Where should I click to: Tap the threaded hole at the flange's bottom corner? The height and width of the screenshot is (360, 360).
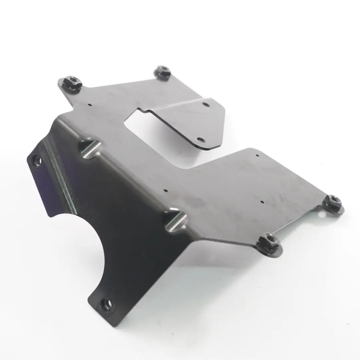106,304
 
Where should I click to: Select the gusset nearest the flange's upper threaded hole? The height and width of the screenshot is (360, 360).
89,147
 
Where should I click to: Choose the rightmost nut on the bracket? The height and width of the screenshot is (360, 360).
333,202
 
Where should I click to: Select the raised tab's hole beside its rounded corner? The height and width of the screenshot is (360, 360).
200,139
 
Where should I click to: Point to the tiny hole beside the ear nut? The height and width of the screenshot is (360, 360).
90,104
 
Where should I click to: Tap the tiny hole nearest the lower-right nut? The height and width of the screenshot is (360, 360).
262,202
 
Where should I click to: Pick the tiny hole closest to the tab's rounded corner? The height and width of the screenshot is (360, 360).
257,155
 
